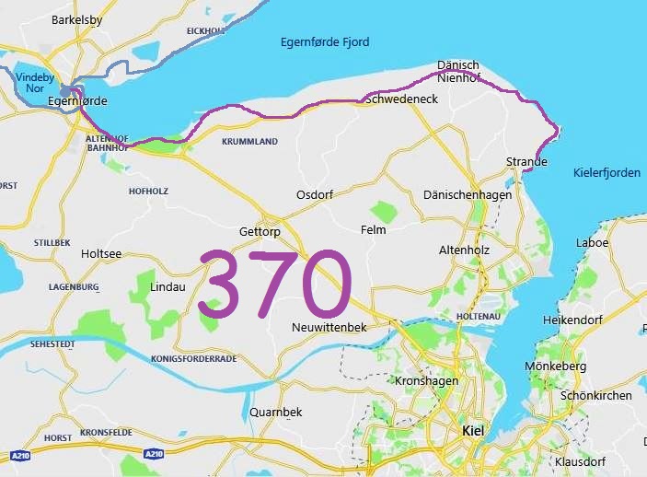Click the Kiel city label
(472, 431)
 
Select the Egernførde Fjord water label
(325, 42)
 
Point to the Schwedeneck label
(401, 99)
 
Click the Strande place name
(526, 162)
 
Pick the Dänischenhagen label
(467, 195)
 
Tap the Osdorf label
(315, 195)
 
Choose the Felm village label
(374, 230)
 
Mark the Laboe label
(592, 243)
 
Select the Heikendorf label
(578, 318)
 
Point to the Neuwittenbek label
(329, 328)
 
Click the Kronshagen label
(426, 380)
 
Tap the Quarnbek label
(276, 412)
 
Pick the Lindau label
(168, 286)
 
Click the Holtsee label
(101, 253)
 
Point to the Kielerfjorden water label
(607, 172)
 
